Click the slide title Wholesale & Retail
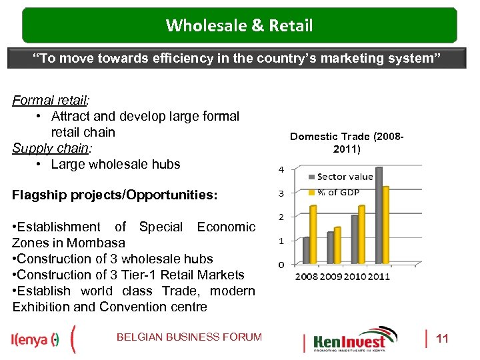click(239, 26)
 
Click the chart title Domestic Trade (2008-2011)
click(347, 143)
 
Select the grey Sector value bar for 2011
click(379, 216)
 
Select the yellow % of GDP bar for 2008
click(314, 235)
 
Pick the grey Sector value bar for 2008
click(307, 251)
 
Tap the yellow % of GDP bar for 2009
click(337, 245)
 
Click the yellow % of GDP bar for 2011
click(386, 225)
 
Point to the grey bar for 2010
click(355, 239)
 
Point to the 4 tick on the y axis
click(281, 169)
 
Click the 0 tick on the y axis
click(281, 265)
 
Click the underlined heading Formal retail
click(49, 100)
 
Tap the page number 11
click(442, 339)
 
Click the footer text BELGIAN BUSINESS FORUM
click(189, 337)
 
